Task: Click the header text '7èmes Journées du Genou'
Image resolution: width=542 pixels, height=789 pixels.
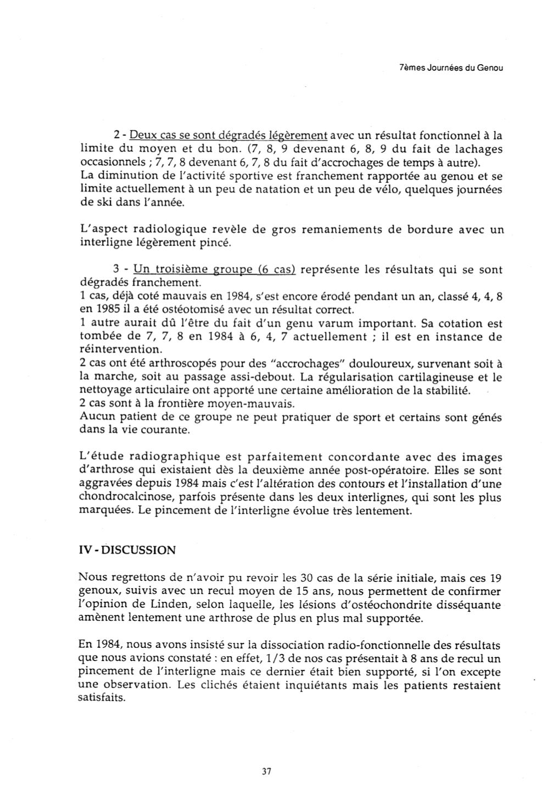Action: click(450, 69)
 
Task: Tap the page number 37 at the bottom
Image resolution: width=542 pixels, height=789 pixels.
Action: click(267, 771)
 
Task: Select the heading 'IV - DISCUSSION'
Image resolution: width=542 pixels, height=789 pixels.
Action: click(127, 550)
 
